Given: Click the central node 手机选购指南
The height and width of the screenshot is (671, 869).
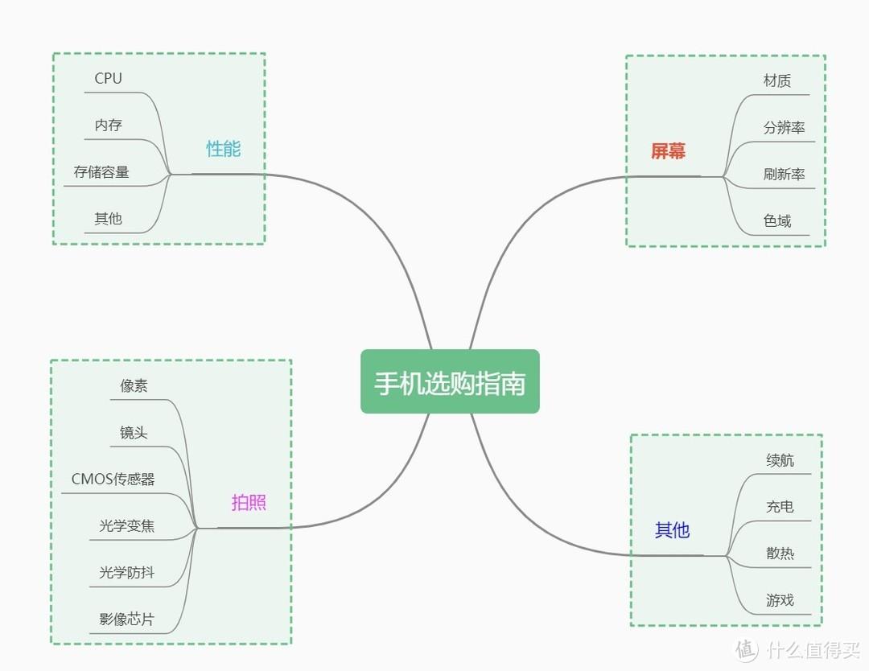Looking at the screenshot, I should [x=450, y=382].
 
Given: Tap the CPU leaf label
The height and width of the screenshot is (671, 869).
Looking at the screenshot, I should [x=109, y=78].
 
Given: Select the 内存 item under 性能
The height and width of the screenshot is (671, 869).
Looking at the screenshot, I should [x=109, y=126].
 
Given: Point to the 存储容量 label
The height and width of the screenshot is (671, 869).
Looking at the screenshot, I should [x=101, y=172].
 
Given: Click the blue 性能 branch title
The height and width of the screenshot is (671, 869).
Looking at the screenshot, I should [x=223, y=149].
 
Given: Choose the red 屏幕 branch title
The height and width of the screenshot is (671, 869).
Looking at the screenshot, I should [x=668, y=150].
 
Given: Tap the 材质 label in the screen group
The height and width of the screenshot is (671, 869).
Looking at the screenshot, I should [x=777, y=80].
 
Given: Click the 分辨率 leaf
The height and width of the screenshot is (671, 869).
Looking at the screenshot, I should [x=785, y=127].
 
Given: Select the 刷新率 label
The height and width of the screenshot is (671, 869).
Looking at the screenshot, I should [x=785, y=174].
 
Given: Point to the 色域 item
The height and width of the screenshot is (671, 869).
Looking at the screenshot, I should [x=777, y=220].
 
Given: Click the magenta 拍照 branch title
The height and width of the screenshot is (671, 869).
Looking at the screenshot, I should [x=249, y=503].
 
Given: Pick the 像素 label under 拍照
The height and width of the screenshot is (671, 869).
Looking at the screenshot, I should [x=134, y=385].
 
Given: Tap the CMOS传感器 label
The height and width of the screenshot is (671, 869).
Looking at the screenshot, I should [x=113, y=480].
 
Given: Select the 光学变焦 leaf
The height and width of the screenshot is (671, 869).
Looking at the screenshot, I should [x=127, y=526].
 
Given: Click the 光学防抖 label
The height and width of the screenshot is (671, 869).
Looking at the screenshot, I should [x=127, y=573].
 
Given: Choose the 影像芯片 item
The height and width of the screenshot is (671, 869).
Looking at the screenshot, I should [x=127, y=620].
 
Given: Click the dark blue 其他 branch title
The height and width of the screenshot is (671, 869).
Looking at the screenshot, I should [x=672, y=530].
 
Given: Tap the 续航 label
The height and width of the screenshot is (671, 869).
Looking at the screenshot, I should [x=780, y=460].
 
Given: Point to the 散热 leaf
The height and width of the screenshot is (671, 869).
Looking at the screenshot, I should [x=780, y=554].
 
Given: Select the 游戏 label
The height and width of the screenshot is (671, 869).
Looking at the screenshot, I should [x=780, y=600].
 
